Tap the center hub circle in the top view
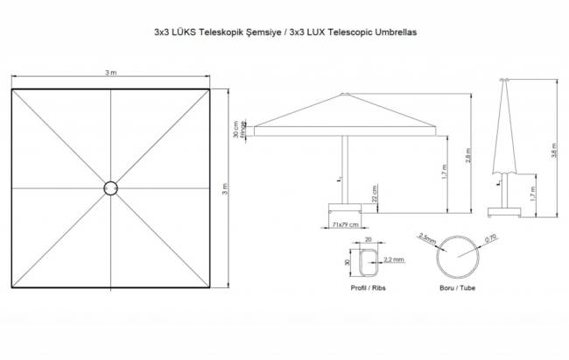point(110,187)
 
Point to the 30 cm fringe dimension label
point(235,130)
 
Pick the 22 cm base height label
point(375,193)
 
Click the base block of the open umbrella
point(346,208)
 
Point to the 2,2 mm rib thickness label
point(393,260)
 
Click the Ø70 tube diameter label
point(491,237)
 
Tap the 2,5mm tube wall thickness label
point(428,237)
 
